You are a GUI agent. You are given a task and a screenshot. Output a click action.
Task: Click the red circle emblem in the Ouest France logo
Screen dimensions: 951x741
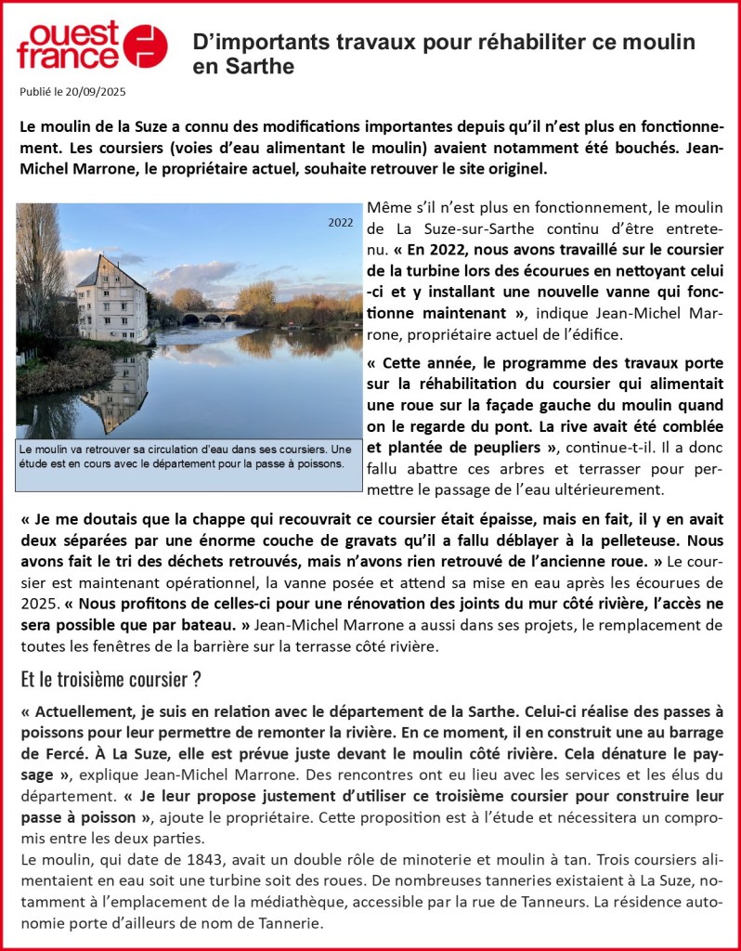pos(146,46)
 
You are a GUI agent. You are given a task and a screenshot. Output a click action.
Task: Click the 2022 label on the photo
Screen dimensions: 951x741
pos(342,222)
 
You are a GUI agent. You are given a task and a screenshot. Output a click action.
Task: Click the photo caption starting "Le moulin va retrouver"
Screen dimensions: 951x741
pos(186,456)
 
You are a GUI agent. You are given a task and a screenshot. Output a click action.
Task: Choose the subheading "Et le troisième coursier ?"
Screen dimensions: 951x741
pos(110,679)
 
